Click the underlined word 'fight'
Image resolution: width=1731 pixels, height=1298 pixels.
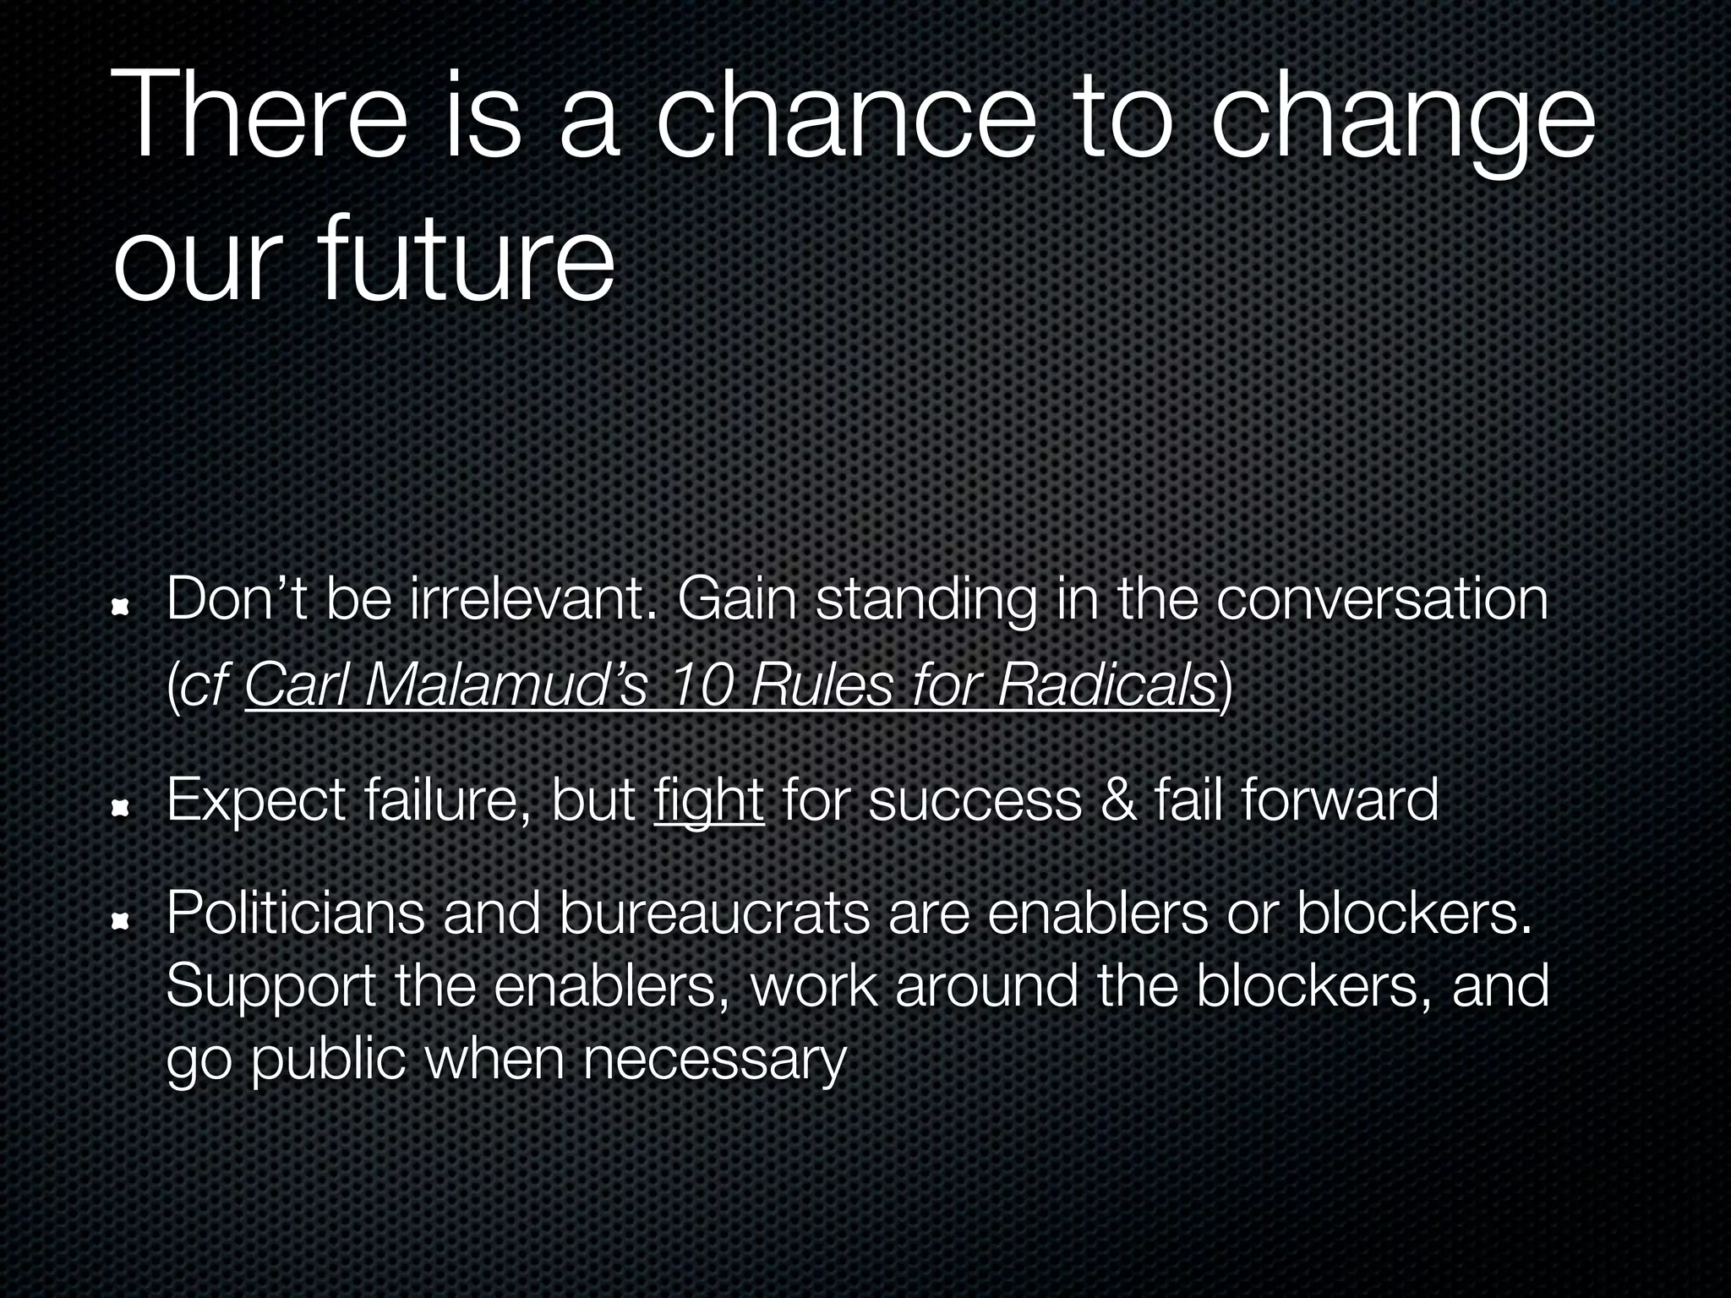click(708, 800)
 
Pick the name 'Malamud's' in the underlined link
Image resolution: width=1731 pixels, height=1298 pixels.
click(505, 684)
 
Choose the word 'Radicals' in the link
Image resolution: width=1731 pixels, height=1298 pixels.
click(1106, 684)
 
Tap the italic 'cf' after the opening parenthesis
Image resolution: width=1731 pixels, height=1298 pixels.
click(205, 684)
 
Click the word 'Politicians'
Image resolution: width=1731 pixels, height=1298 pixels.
click(296, 914)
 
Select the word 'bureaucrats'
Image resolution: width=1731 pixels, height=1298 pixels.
click(714, 914)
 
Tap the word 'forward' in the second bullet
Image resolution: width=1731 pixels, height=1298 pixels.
click(1340, 800)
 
